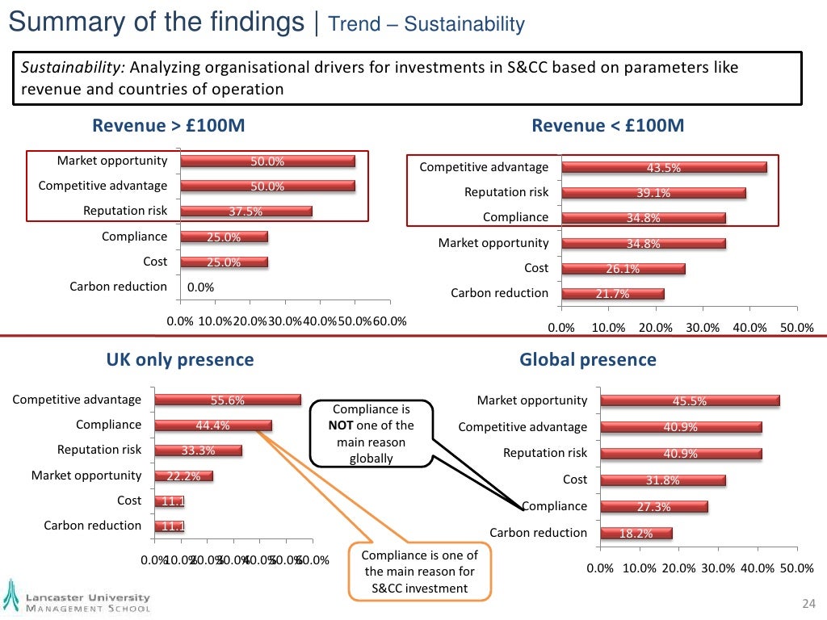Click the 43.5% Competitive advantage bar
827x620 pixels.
click(664, 168)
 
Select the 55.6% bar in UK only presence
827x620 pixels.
click(228, 400)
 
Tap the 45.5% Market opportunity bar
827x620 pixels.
click(690, 401)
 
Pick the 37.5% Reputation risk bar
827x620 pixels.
click(246, 212)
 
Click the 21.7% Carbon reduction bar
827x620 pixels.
click(612, 294)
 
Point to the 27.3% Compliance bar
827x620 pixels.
click(653, 507)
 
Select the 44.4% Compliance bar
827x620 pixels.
click(213, 425)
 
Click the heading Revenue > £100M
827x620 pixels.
click(169, 126)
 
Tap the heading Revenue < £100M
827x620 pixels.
click(607, 126)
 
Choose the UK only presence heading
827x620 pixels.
click(180, 360)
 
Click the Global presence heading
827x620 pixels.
click(588, 360)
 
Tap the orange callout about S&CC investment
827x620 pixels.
click(419, 572)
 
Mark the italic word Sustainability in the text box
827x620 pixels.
click(72, 67)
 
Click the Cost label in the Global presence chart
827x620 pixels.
click(575, 480)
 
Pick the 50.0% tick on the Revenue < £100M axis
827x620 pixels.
click(796, 327)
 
